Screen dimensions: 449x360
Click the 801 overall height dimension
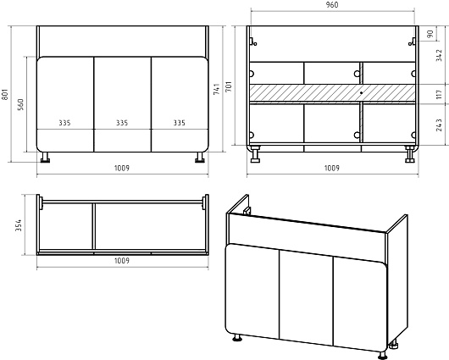pos(5,94)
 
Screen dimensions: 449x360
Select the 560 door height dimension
pos(20,105)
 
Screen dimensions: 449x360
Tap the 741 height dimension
pos(217,89)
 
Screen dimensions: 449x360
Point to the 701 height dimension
pos(229,86)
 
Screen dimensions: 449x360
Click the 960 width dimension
pos(332,5)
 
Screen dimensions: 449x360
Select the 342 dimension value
pos(439,56)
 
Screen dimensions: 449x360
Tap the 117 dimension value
pos(439,94)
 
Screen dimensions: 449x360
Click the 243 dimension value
pos(439,125)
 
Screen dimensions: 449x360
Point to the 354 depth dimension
pos(19,225)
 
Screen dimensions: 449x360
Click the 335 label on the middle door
pos(122,123)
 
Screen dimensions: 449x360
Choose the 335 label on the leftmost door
pos(64,123)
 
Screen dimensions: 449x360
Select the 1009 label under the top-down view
pos(122,261)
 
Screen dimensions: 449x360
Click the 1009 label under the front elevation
pos(122,168)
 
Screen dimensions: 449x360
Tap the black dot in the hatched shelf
pos(362,93)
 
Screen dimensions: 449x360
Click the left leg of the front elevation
pos(45,158)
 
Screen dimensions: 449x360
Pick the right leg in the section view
pos(410,155)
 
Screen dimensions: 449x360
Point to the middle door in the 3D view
pos(306,296)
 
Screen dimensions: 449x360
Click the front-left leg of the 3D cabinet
pos(237,338)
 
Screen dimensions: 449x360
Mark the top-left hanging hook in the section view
pos(252,42)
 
